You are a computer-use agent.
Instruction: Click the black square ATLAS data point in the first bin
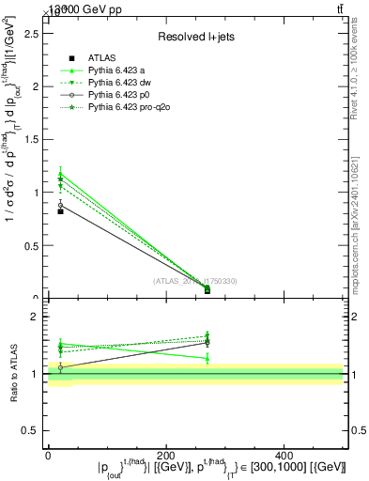pyautogui.click(x=60, y=211)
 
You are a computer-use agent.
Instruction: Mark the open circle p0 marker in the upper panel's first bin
pyautogui.click(x=60, y=204)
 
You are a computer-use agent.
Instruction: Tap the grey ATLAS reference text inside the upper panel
pyautogui.click(x=194, y=281)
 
